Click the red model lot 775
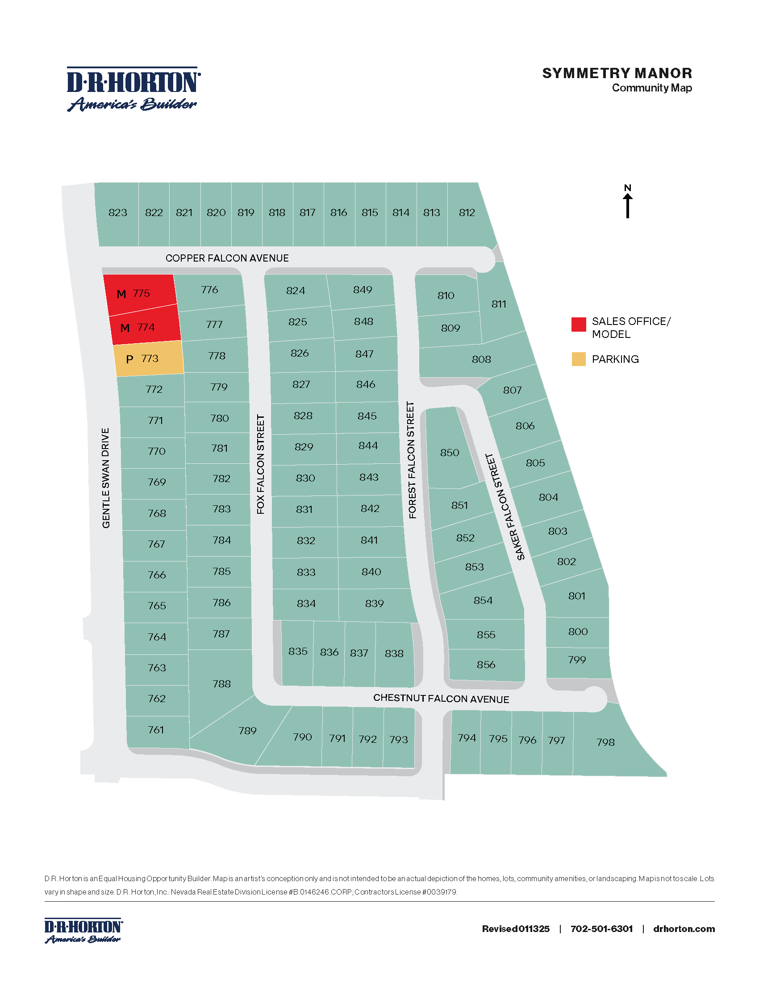(x=140, y=294)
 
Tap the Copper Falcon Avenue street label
(x=227, y=258)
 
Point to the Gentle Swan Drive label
(x=106, y=478)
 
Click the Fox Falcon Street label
(x=261, y=464)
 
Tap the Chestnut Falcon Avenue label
(x=441, y=699)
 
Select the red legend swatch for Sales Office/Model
(x=579, y=324)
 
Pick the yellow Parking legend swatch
(x=579, y=359)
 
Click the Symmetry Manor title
(x=617, y=73)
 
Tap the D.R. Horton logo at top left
(x=133, y=89)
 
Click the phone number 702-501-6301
(x=602, y=929)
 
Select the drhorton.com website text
(x=684, y=929)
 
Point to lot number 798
(x=605, y=742)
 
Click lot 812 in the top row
(x=467, y=212)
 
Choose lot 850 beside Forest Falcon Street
(x=450, y=452)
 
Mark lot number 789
(x=247, y=731)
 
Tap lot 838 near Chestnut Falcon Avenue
(x=394, y=653)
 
